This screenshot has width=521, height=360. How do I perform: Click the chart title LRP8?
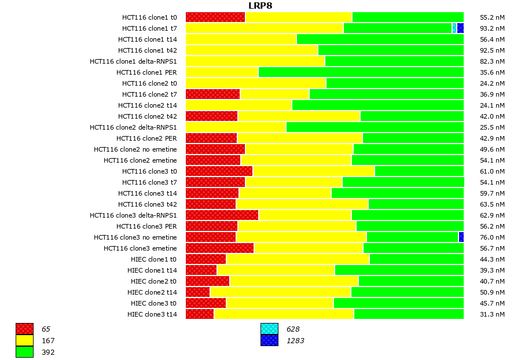260,6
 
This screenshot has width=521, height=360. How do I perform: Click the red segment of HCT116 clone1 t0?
215,17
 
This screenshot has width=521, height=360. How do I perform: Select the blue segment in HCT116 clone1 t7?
460,28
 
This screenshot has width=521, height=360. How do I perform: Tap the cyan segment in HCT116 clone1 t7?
454,28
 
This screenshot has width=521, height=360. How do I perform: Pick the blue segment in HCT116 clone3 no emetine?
461,237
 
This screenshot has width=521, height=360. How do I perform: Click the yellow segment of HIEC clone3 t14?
284,314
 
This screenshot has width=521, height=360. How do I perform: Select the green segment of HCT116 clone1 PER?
361,72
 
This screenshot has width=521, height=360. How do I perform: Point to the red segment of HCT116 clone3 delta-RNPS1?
222,215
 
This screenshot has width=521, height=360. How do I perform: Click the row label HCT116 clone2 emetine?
140,160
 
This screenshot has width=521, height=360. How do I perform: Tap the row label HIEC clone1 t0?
152,259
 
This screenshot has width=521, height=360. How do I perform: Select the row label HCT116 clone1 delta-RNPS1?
133,61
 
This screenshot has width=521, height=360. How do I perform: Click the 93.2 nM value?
493,28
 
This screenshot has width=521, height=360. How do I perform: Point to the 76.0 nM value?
493,237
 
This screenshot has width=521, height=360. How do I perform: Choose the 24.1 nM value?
493,105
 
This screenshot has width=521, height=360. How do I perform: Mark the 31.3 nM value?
493,314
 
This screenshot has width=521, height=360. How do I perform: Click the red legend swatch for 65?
24,329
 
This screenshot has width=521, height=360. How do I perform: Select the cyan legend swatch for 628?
269,329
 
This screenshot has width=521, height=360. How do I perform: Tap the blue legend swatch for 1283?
269,341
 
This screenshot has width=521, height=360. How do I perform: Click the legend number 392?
48,352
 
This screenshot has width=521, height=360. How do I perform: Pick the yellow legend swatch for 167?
24,341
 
